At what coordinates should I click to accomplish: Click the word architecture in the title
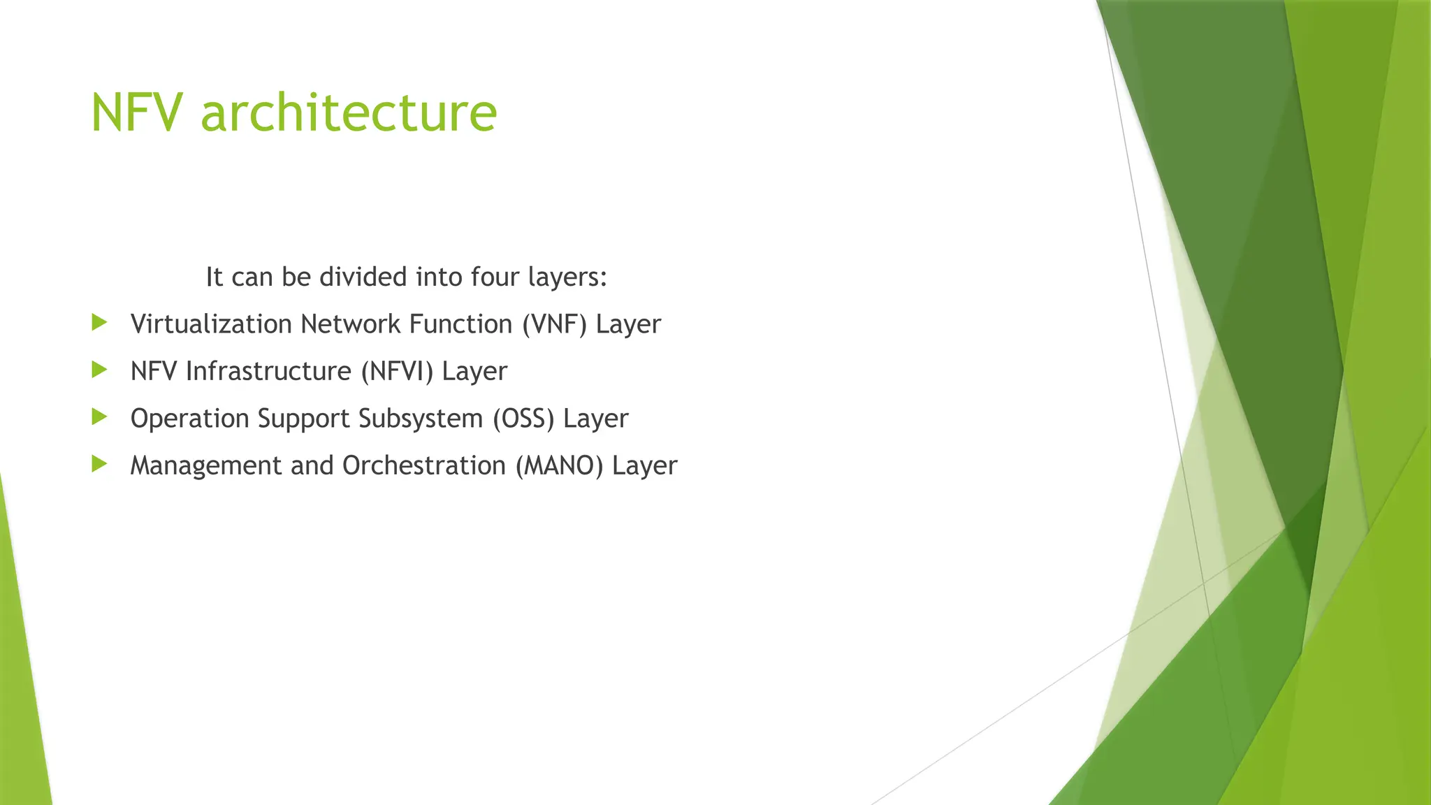point(349,113)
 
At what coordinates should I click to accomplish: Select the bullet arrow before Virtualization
point(99,322)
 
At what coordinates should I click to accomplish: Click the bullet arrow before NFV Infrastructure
point(99,370)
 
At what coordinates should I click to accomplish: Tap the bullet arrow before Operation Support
point(99,417)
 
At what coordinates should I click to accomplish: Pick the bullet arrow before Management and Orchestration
point(99,464)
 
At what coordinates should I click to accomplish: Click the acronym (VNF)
point(555,324)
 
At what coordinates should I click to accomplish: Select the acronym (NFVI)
point(397,371)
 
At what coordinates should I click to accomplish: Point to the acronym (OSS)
point(523,419)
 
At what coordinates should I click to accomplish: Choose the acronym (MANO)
point(559,465)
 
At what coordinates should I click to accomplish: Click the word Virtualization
point(211,324)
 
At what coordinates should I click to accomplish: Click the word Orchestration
point(423,465)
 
